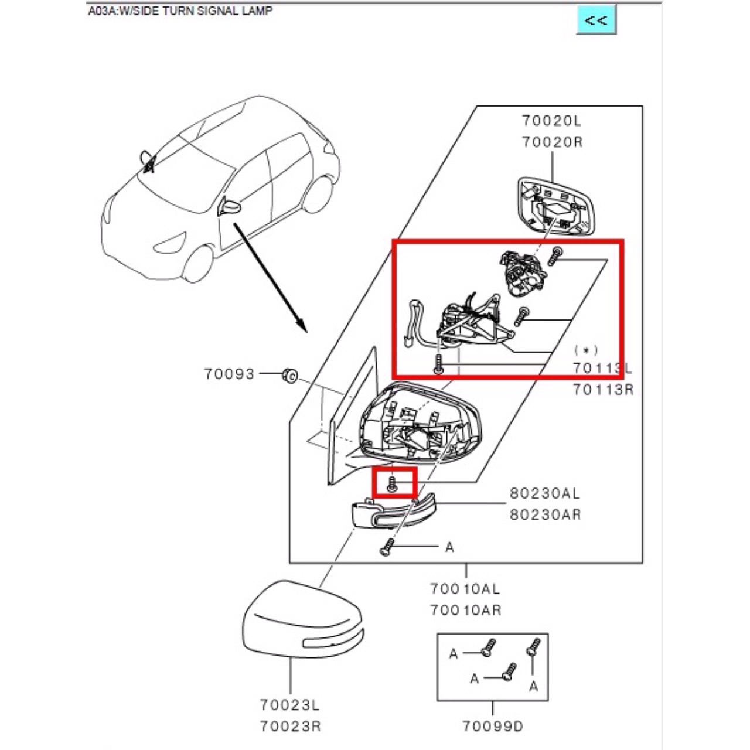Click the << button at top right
(596, 20)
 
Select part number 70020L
(552, 121)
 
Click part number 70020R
(552, 142)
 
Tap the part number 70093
(229, 374)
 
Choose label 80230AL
(544, 493)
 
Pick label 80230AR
(544, 514)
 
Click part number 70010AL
(465, 589)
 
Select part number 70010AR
(465, 610)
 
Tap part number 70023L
(290, 705)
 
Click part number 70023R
(290, 727)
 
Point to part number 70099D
(492, 727)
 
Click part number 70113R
(603, 389)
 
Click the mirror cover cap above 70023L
(302, 621)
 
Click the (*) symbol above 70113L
(585, 350)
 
